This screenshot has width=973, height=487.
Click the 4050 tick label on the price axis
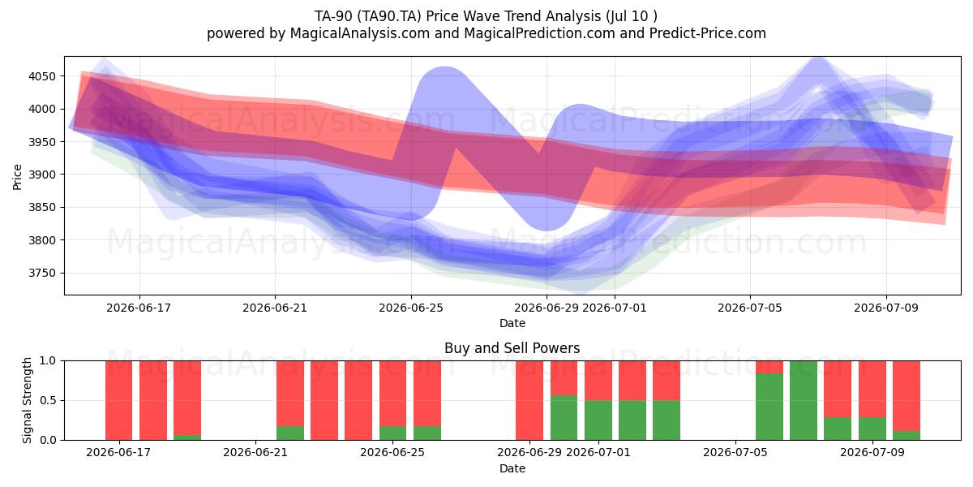42,76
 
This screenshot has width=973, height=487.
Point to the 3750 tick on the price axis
42,273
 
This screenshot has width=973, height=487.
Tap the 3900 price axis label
42,175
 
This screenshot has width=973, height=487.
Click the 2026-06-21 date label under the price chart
275,308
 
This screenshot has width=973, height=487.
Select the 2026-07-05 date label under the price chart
750,308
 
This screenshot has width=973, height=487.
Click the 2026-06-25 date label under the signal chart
392,452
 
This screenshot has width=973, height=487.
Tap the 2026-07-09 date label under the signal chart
872,452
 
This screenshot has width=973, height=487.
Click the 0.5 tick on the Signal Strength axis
48,400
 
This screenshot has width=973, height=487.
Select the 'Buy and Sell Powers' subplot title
512,348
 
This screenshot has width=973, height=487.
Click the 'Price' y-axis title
17,177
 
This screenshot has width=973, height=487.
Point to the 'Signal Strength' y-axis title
27,400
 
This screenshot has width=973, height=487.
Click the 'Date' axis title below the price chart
512,323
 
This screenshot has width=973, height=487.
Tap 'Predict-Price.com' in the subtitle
708,33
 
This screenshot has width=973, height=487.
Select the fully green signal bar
804,400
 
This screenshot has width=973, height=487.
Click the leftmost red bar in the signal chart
118,400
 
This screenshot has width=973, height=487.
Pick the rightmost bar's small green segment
907,435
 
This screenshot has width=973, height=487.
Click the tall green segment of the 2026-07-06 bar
769,407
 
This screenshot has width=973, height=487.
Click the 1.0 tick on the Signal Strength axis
48,360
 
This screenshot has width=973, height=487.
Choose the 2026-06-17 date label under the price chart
139,308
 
